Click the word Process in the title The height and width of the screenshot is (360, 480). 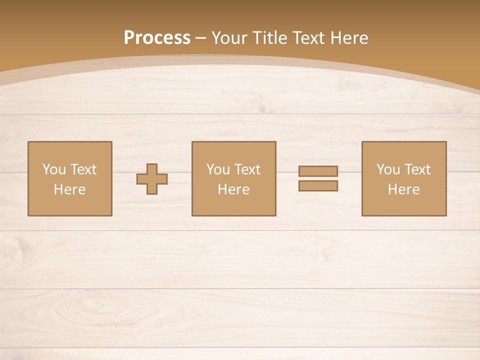point(157,38)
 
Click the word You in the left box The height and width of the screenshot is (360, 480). point(54,169)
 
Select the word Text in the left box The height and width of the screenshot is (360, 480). point(83,169)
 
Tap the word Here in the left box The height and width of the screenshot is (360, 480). point(69,189)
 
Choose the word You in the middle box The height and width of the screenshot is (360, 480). point(218,169)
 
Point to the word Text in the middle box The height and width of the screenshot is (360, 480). point(247,169)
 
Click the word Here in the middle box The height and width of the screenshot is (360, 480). point(233,189)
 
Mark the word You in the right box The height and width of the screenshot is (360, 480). point(388,169)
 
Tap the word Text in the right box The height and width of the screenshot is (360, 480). point(417,169)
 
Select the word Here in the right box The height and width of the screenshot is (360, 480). point(403,189)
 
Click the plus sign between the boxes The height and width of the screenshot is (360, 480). point(152,179)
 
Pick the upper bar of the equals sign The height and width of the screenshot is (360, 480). point(318,171)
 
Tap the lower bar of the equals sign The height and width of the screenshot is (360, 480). point(318,186)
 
